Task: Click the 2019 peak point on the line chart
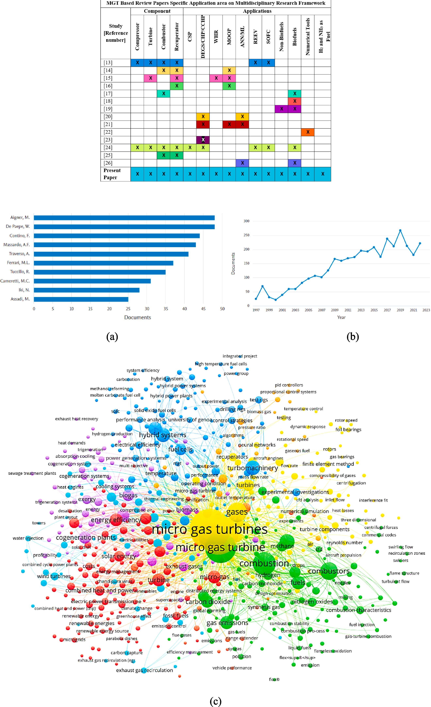tap(400, 230)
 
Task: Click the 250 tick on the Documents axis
tap(246, 235)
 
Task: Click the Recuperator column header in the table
tap(177, 37)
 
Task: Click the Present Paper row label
tap(112, 174)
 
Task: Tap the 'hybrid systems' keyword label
tap(163, 435)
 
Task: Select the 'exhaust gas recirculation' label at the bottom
tap(144, 670)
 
